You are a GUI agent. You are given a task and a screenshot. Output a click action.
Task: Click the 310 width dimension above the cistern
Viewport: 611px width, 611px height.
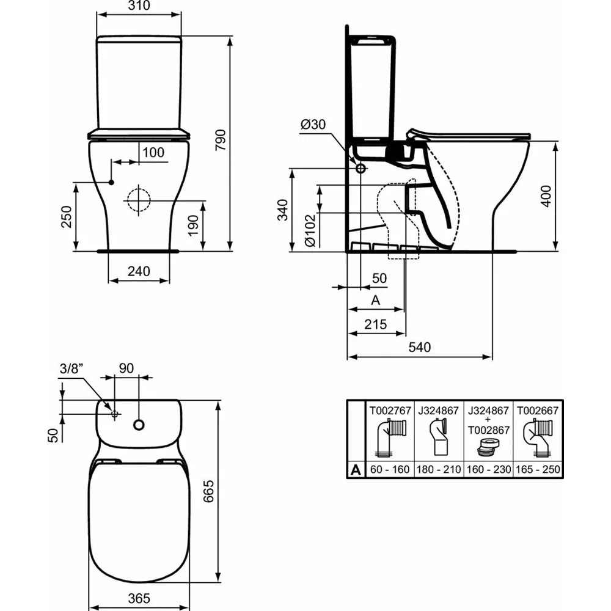click(x=139, y=5)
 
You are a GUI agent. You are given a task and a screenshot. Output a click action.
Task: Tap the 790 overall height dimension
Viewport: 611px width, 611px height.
click(x=221, y=141)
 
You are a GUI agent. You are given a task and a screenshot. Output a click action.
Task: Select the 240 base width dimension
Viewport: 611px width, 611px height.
click(x=139, y=271)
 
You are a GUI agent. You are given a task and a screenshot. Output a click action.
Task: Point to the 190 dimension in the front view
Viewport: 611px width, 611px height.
click(x=193, y=225)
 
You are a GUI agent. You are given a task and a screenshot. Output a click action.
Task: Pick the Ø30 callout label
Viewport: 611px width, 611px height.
click(x=313, y=124)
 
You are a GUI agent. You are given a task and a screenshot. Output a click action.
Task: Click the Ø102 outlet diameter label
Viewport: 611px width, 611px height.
click(x=310, y=230)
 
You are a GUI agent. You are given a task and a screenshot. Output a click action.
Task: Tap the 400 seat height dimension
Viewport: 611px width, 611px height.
click(x=547, y=196)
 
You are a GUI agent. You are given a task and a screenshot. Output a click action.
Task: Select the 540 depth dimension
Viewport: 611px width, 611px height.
click(x=420, y=347)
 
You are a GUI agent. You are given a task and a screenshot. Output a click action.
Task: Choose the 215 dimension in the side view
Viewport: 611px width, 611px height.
click(x=376, y=324)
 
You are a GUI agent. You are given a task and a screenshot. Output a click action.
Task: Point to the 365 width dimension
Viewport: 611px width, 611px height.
click(x=139, y=598)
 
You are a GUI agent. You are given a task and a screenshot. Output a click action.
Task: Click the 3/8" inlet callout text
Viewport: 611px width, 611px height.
click(x=71, y=368)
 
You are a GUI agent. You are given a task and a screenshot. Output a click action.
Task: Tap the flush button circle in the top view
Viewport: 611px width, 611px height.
click(x=139, y=425)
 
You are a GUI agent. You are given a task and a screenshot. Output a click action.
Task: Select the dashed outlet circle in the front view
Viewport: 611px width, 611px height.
click(x=138, y=200)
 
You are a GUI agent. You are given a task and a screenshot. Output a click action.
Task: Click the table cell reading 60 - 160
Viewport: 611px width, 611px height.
click(x=390, y=469)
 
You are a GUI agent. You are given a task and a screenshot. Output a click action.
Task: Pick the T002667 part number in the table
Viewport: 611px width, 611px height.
click(x=538, y=411)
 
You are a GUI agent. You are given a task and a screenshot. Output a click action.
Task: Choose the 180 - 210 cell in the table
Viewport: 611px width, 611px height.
click(x=439, y=469)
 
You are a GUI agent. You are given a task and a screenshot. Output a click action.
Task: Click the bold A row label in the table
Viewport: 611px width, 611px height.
click(x=356, y=470)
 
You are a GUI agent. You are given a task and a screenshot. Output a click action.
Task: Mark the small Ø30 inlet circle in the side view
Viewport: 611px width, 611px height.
click(x=361, y=169)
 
